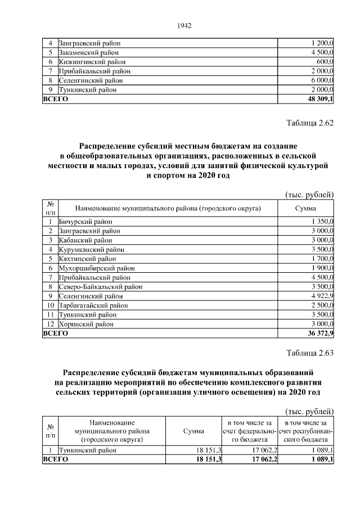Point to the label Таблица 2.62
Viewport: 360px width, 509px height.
coord(310,124)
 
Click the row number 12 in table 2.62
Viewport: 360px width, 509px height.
coord(50,324)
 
